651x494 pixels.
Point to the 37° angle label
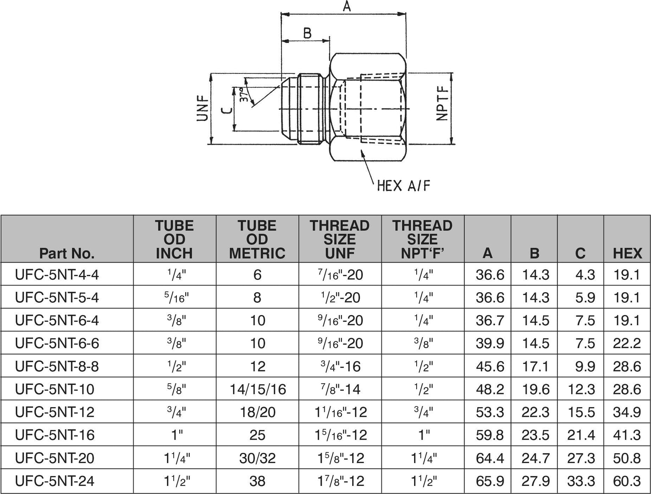tap(243, 95)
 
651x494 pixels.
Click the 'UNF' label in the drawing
tap(203, 109)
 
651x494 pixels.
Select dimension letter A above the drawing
tap(347, 7)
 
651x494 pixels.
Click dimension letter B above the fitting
tap(307, 33)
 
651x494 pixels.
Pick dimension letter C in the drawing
tap(227, 110)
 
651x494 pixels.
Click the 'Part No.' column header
tap(67, 253)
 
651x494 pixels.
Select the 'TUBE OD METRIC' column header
tap(257, 239)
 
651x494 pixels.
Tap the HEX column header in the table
tap(627, 253)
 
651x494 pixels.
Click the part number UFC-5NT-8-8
tap(57, 366)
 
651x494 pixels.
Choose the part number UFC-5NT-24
tap(55, 481)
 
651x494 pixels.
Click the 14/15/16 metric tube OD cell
tap(258, 389)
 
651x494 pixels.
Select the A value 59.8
tap(490, 435)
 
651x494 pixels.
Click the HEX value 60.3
tap(627, 481)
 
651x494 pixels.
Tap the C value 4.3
tap(585, 275)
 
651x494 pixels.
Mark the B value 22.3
tap(536, 412)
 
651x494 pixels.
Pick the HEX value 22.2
tap(627, 343)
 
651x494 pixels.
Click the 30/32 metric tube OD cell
tap(258, 458)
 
